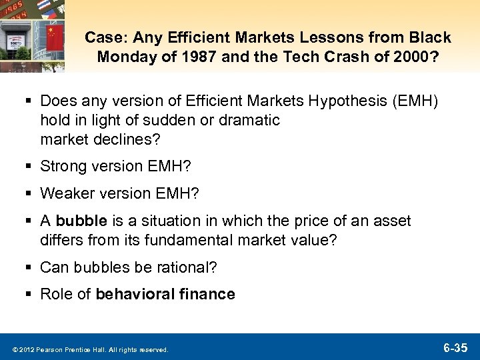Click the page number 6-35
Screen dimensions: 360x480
coord(457,347)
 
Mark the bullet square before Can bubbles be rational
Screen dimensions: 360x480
coord(29,268)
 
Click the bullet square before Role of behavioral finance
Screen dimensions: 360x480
coord(29,295)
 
